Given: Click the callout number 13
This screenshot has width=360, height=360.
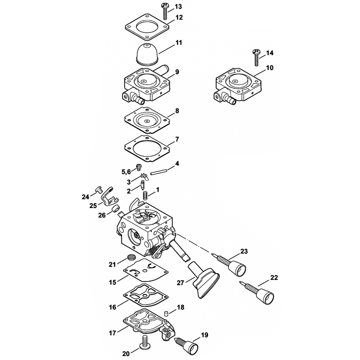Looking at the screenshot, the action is click(178, 6).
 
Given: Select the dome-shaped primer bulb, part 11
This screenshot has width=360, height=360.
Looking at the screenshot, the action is click(147, 55).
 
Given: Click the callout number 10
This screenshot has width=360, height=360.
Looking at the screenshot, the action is click(270, 68).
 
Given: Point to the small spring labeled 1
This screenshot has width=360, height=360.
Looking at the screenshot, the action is click(145, 195).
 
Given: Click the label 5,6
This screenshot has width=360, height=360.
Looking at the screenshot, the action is click(126, 172).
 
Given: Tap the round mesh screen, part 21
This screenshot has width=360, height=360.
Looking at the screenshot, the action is click(130, 257).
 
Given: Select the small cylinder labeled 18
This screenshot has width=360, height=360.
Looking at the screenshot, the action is click(166, 314).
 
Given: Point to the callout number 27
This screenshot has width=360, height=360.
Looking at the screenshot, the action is click(180, 283).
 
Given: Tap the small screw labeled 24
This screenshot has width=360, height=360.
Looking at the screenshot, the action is click(99, 189).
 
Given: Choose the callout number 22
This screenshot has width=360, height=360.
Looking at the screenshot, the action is click(274, 278).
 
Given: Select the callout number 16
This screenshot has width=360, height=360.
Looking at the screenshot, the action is click(112, 307).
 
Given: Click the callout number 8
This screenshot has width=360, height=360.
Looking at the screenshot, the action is click(177, 111).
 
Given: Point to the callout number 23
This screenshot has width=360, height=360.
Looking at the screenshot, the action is click(244, 251).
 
